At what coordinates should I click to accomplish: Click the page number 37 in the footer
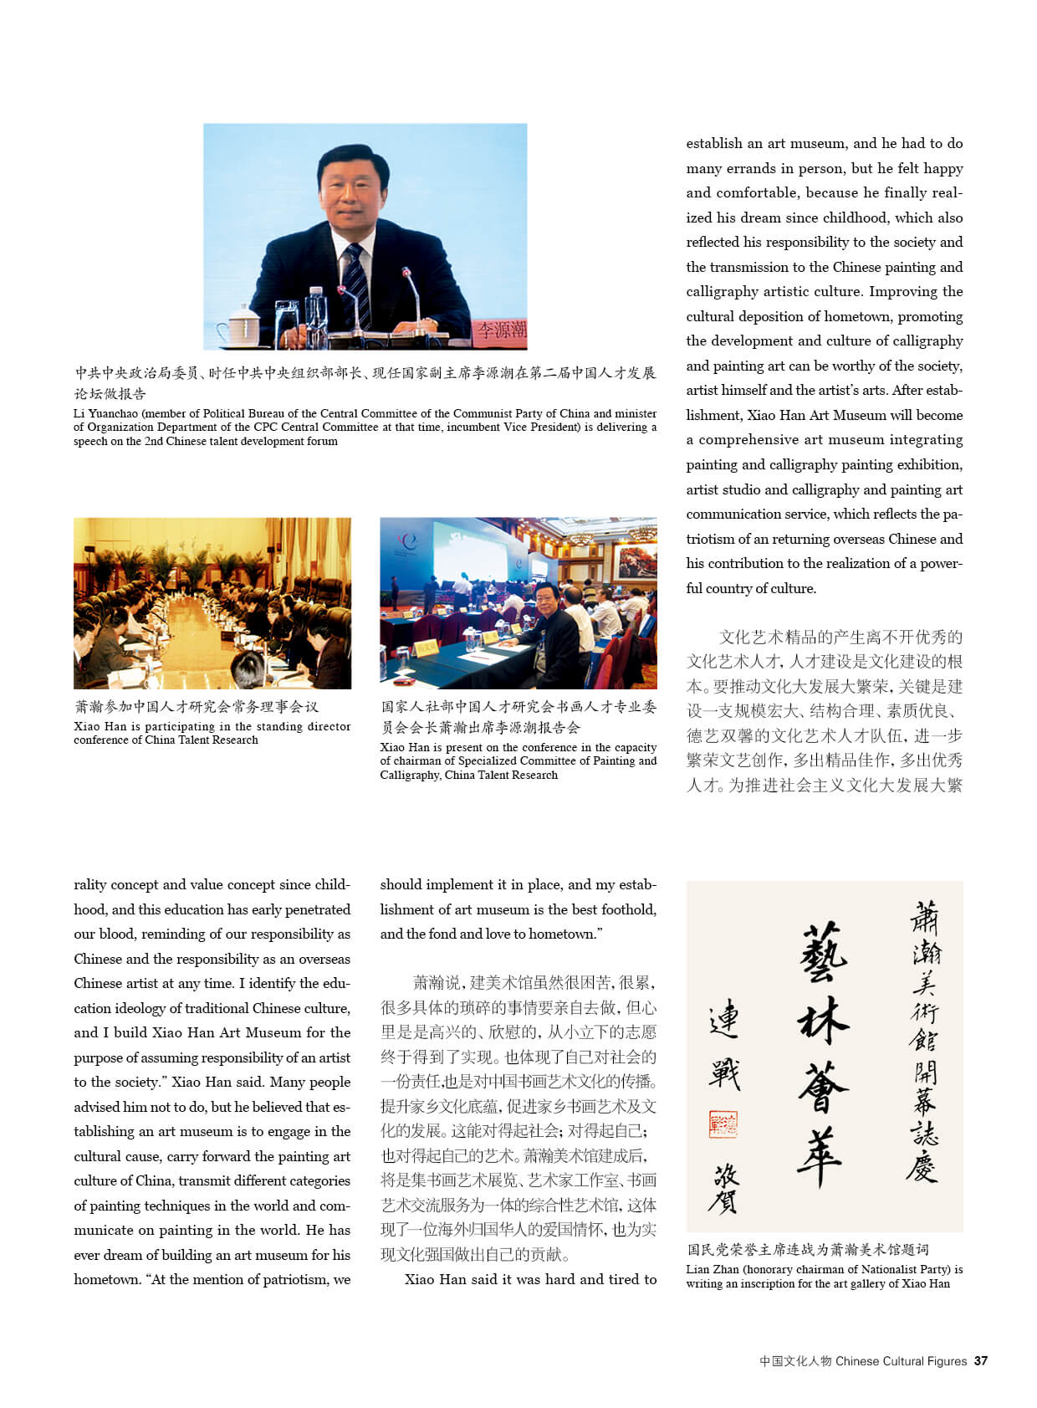981,1361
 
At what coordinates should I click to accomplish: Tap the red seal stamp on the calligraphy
723,1124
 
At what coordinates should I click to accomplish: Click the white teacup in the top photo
243,325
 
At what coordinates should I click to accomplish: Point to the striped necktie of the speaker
356,284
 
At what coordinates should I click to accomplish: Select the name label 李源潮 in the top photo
502,329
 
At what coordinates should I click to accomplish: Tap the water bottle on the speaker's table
315,315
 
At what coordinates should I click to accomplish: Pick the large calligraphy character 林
823,1022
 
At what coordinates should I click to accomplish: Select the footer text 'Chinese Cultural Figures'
901,1361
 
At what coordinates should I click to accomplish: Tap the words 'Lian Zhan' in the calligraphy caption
713,1269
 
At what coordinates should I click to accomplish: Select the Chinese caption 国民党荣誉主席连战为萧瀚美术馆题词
808,1250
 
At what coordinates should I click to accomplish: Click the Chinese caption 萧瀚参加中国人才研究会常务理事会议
197,707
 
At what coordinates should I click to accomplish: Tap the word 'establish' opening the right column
713,144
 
